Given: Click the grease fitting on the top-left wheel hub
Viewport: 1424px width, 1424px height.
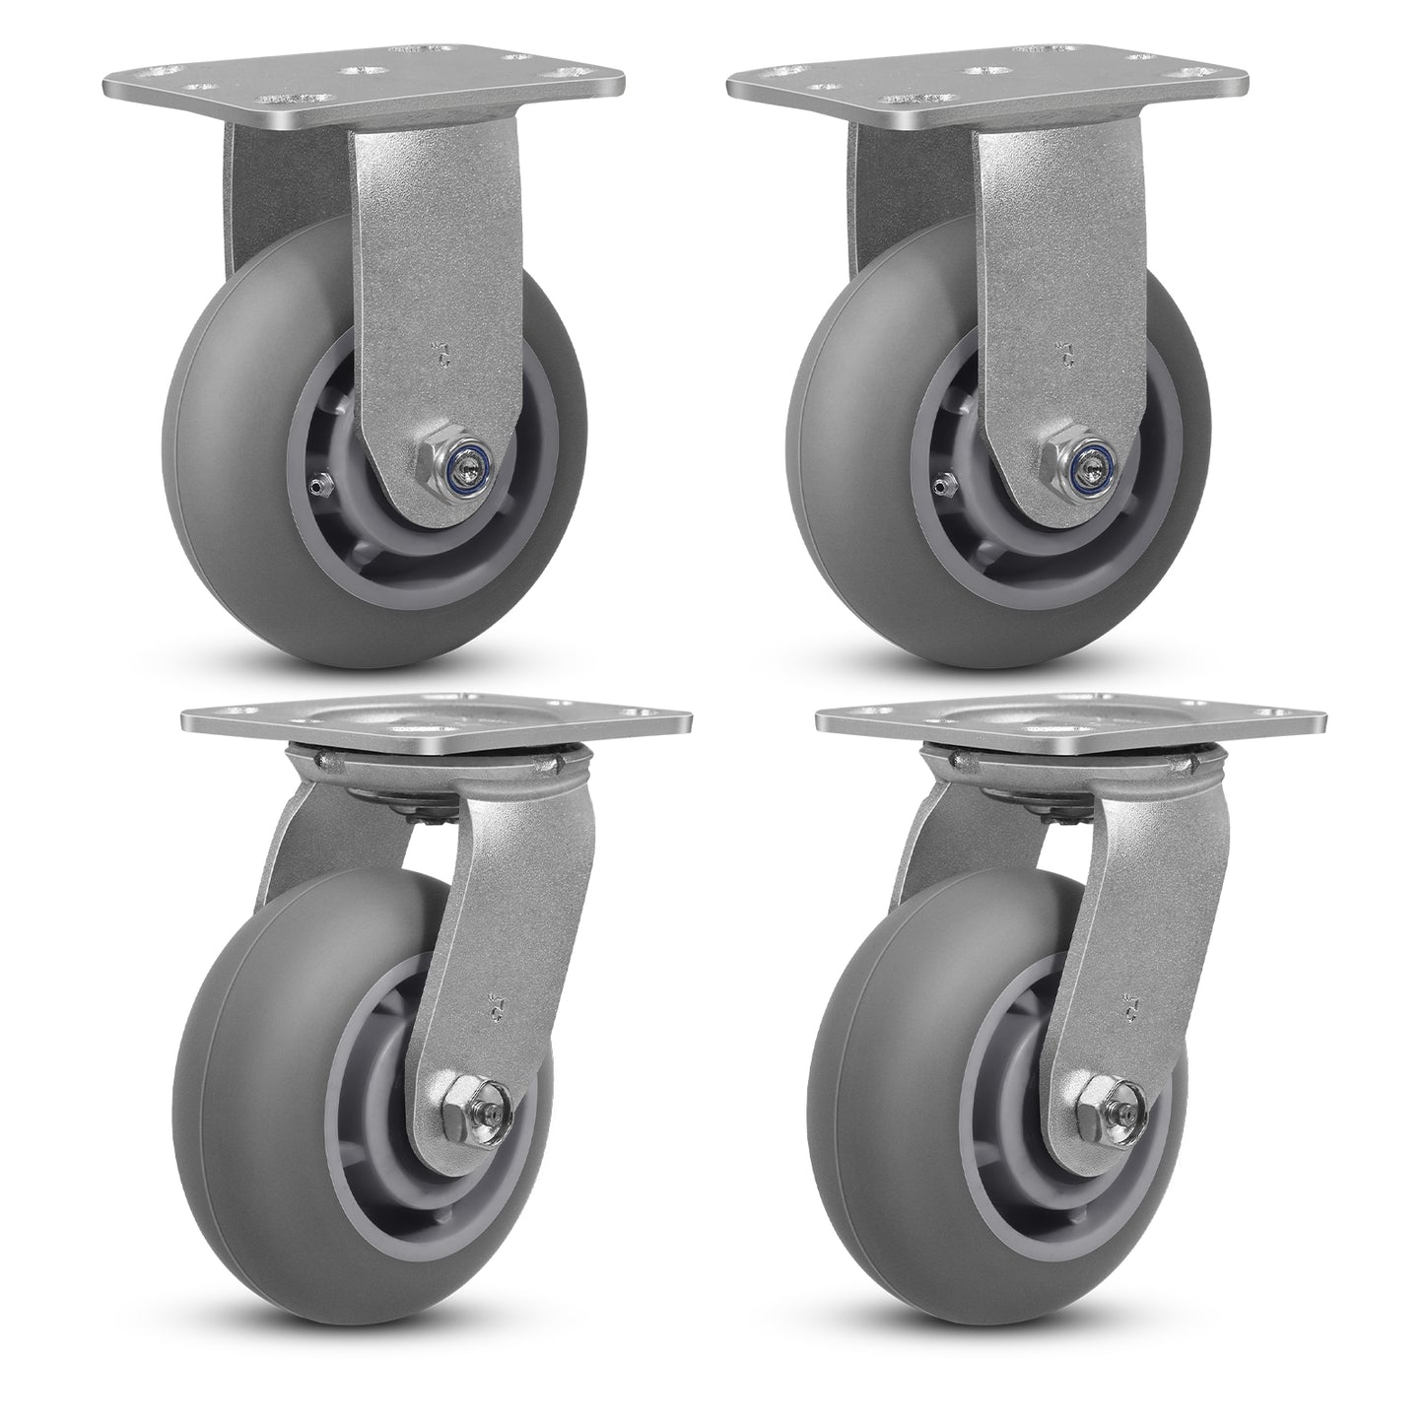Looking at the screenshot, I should point(315,484).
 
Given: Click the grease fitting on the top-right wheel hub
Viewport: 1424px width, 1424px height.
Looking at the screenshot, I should point(942,483).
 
